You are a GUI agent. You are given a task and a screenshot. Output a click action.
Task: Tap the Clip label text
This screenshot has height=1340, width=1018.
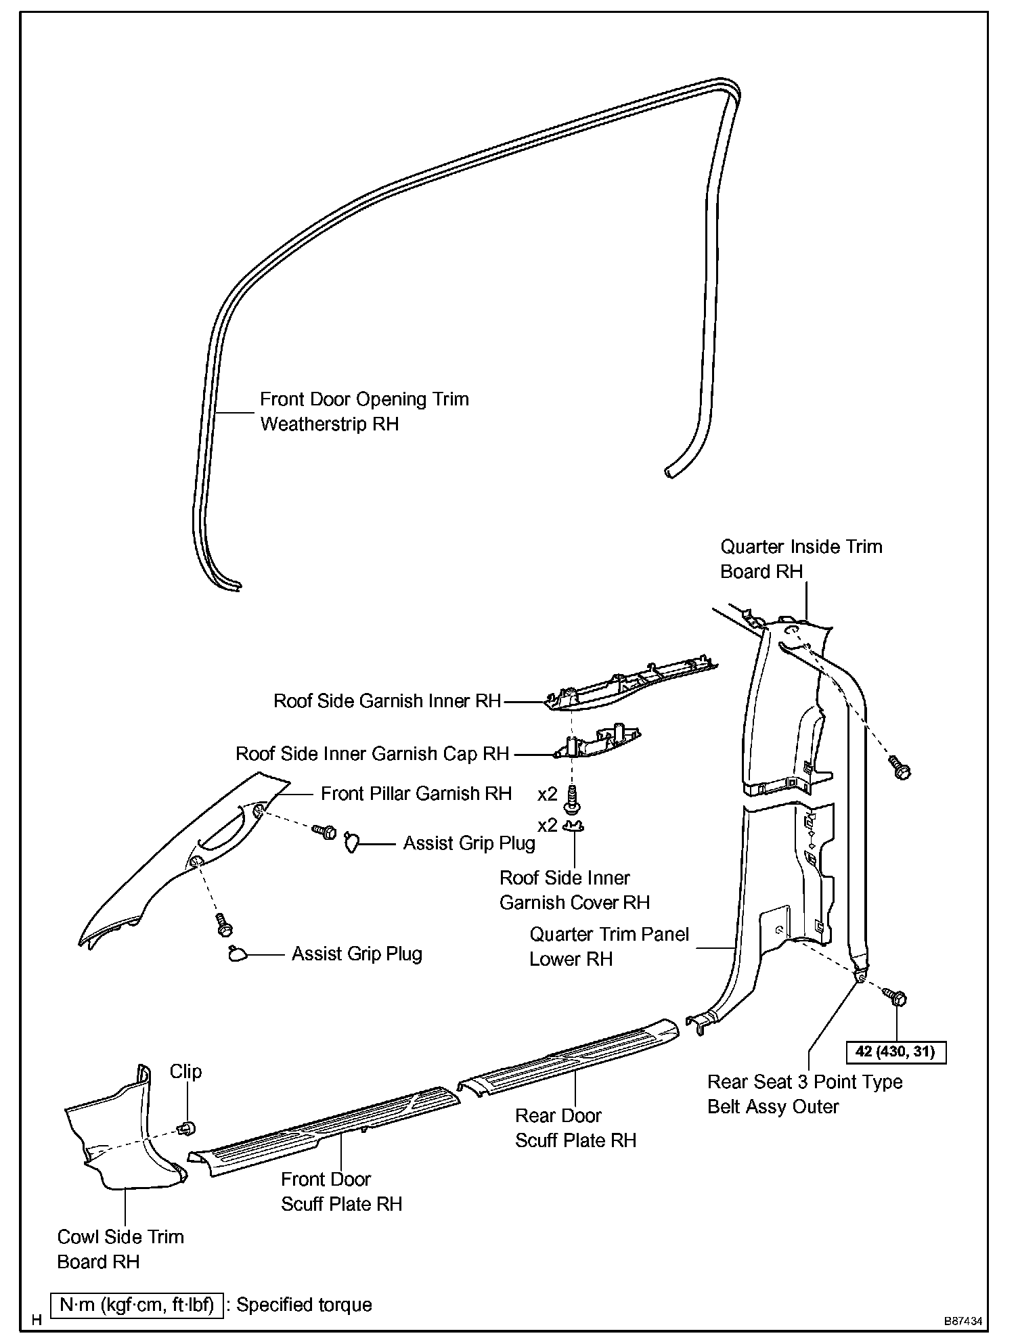tap(185, 1071)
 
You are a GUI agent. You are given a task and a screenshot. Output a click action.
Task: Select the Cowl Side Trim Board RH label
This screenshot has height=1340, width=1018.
tap(120, 1249)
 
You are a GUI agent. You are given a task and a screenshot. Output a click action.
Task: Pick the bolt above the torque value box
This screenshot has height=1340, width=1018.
tap(895, 997)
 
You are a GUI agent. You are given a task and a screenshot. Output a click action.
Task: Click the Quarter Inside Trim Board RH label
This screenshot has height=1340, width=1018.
tap(801, 559)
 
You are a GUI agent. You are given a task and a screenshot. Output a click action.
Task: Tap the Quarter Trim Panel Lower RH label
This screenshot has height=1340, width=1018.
tap(608, 947)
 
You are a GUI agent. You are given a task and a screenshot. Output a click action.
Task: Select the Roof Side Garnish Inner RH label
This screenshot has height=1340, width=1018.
tap(387, 701)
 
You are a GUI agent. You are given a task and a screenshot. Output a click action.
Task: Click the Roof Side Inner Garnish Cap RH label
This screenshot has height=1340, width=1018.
tap(372, 754)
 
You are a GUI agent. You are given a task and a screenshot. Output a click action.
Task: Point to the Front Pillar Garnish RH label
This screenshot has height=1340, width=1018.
tap(416, 793)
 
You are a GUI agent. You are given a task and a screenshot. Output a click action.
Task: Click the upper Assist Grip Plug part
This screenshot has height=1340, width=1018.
tap(351, 842)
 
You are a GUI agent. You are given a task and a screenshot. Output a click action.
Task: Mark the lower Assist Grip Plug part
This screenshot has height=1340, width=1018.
tap(237, 954)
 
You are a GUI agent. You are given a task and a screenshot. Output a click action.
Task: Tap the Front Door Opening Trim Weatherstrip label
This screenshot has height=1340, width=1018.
tap(364, 411)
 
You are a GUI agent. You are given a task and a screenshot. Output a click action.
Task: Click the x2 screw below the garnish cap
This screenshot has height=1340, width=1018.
tap(571, 798)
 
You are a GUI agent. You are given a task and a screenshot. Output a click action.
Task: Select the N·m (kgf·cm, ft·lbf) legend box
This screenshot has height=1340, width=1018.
tap(137, 1305)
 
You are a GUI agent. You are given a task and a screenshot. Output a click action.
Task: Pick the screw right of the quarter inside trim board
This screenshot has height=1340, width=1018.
tap(902, 768)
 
